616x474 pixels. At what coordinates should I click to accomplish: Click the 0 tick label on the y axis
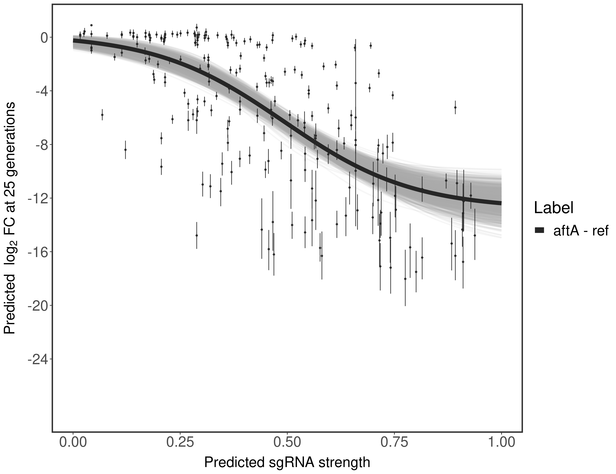(44, 38)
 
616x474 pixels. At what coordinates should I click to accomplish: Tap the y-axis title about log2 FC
(10, 217)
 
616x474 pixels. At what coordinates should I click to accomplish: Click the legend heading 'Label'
(554, 208)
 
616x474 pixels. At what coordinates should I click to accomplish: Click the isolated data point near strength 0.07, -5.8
(102, 115)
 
